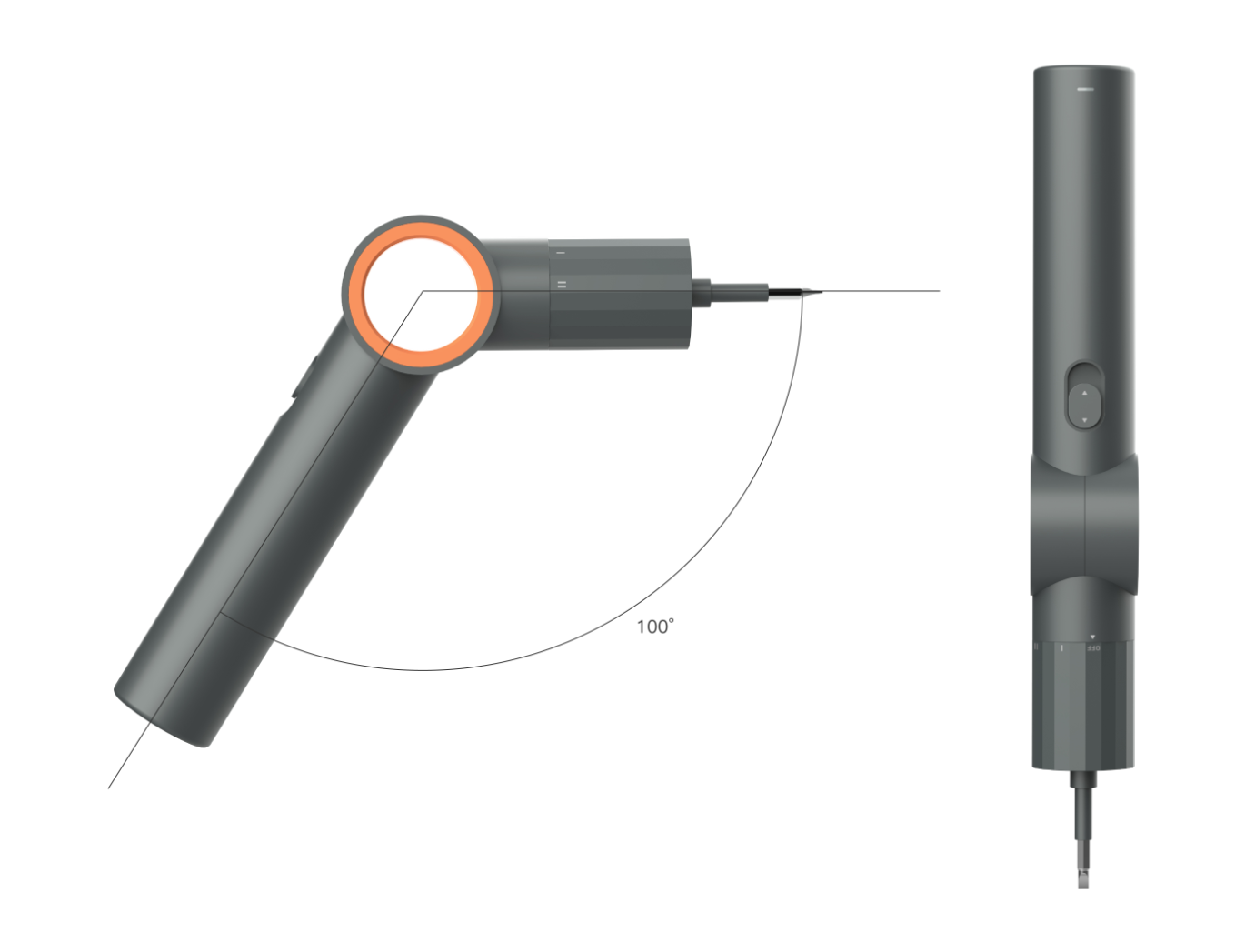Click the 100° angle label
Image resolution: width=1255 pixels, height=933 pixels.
coord(654,627)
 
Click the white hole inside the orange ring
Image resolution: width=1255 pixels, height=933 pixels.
coord(421,294)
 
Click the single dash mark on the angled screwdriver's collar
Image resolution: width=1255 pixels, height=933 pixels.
coord(561,253)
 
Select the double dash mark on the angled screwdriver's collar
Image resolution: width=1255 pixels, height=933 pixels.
coord(561,285)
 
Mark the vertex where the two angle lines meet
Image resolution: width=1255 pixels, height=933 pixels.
coord(423,292)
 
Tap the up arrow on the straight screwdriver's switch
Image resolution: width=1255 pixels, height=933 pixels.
coord(1083,393)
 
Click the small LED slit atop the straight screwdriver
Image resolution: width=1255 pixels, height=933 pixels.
coord(1083,89)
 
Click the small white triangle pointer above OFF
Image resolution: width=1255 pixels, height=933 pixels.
coord(1092,637)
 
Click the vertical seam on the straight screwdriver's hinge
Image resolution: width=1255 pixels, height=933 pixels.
coord(1086,527)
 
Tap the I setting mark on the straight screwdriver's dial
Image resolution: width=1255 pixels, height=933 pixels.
coord(1061,648)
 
